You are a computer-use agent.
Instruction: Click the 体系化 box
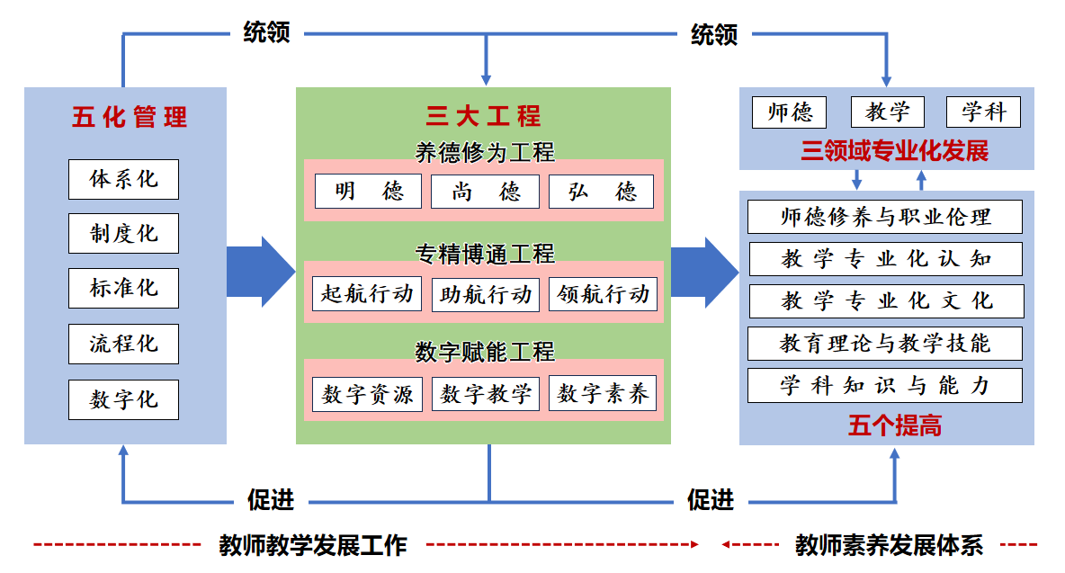pyautogui.click(x=123, y=179)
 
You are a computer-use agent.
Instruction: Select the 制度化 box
pyautogui.click(x=123, y=234)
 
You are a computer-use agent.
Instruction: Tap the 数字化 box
pyautogui.click(x=123, y=399)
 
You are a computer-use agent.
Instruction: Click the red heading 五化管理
pyautogui.click(x=130, y=118)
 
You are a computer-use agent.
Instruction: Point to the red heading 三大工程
pyautogui.click(x=483, y=116)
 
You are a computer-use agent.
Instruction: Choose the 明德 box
pyautogui.click(x=368, y=192)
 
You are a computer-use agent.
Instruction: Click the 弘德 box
pyautogui.click(x=601, y=192)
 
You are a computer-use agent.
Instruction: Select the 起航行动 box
pyautogui.click(x=367, y=294)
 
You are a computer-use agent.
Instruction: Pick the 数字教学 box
pyautogui.click(x=486, y=394)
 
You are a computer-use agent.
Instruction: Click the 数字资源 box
pyautogui.click(x=367, y=394)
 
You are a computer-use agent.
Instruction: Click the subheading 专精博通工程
pyautogui.click(x=484, y=255)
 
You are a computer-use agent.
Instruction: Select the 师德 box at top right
pyautogui.click(x=790, y=112)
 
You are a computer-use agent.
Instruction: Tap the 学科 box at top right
pyautogui.click(x=983, y=112)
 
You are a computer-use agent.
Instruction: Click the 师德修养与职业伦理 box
pyautogui.click(x=885, y=217)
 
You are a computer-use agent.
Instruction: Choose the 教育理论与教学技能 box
pyautogui.click(x=885, y=343)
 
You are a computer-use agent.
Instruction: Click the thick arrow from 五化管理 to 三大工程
pyautogui.click(x=260, y=271)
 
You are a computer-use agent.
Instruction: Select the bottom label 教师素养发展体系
pyautogui.click(x=889, y=545)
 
